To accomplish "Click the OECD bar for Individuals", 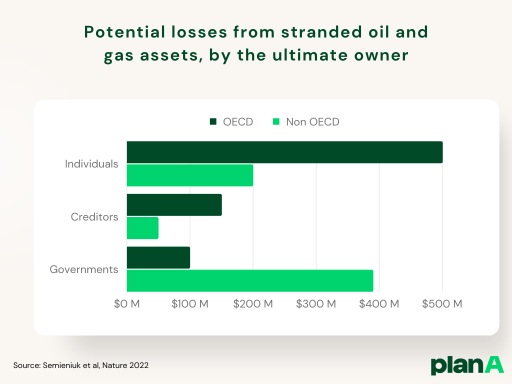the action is click(x=284, y=152).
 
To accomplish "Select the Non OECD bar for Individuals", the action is click(x=190, y=175).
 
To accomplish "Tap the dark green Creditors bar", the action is click(x=174, y=204).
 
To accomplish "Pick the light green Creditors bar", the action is click(x=142, y=228).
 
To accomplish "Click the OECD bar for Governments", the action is click(x=158, y=257).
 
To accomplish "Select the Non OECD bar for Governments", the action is click(x=250, y=281).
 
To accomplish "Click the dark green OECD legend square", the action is click(x=213, y=122).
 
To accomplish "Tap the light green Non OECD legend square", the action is click(x=276, y=122).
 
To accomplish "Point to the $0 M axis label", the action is click(x=126, y=304).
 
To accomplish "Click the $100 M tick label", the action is click(x=190, y=304).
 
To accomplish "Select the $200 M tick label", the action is click(x=253, y=304).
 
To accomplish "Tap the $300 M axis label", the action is click(x=316, y=304).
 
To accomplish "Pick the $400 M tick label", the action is click(x=379, y=304).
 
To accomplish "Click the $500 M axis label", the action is click(x=442, y=304).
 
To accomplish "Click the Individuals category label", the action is click(x=91, y=164).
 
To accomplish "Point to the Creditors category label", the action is click(x=94, y=217).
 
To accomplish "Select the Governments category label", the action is click(x=84, y=269).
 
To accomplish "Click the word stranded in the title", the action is click(x=321, y=32).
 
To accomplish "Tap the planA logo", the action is click(x=467, y=365).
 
